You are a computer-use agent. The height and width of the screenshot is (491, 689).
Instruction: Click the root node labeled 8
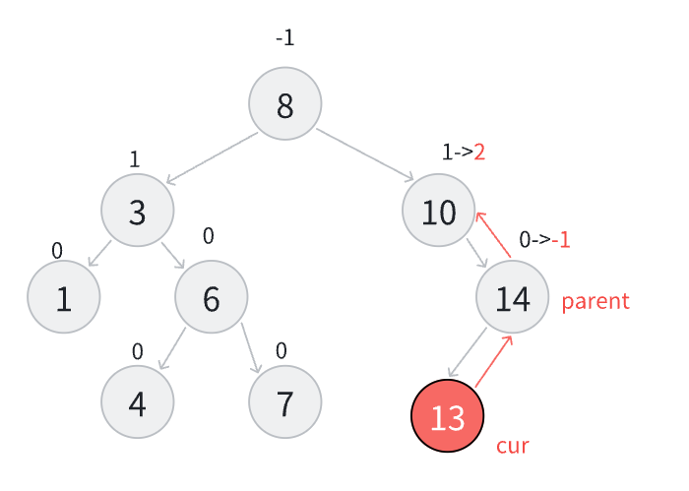pos(285,104)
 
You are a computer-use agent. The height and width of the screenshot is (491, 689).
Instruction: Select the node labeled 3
pos(138,211)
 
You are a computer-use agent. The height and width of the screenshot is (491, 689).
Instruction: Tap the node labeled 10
pos(439,211)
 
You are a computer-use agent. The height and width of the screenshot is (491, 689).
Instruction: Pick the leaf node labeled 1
pos(64,297)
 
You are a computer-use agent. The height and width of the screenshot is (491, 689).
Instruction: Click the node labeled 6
pos(212,297)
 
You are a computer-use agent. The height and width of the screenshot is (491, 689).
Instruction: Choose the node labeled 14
pos(513,297)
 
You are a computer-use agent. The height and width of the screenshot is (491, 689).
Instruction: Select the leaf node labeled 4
pos(138,402)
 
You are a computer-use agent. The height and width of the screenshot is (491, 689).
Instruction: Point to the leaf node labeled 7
pos(285,402)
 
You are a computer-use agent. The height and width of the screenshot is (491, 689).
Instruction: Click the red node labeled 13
pos(448,416)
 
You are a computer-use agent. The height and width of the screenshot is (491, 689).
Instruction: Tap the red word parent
pos(595,301)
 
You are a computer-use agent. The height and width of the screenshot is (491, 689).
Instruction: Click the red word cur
pos(513,446)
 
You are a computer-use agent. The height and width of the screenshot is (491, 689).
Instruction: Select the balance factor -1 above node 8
pos(285,38)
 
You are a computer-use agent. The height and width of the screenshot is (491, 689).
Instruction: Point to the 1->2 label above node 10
pos(464,152)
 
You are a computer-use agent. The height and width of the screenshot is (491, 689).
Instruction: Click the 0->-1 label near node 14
pos(544,239)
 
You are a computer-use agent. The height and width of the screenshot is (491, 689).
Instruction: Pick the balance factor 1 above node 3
pos(135,159)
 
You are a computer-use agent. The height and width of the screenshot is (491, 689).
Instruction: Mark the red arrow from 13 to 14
pos(494,361)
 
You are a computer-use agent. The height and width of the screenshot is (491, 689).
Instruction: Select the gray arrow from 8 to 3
pos(212,157)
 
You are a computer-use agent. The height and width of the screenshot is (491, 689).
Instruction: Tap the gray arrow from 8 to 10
pos(365,154)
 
